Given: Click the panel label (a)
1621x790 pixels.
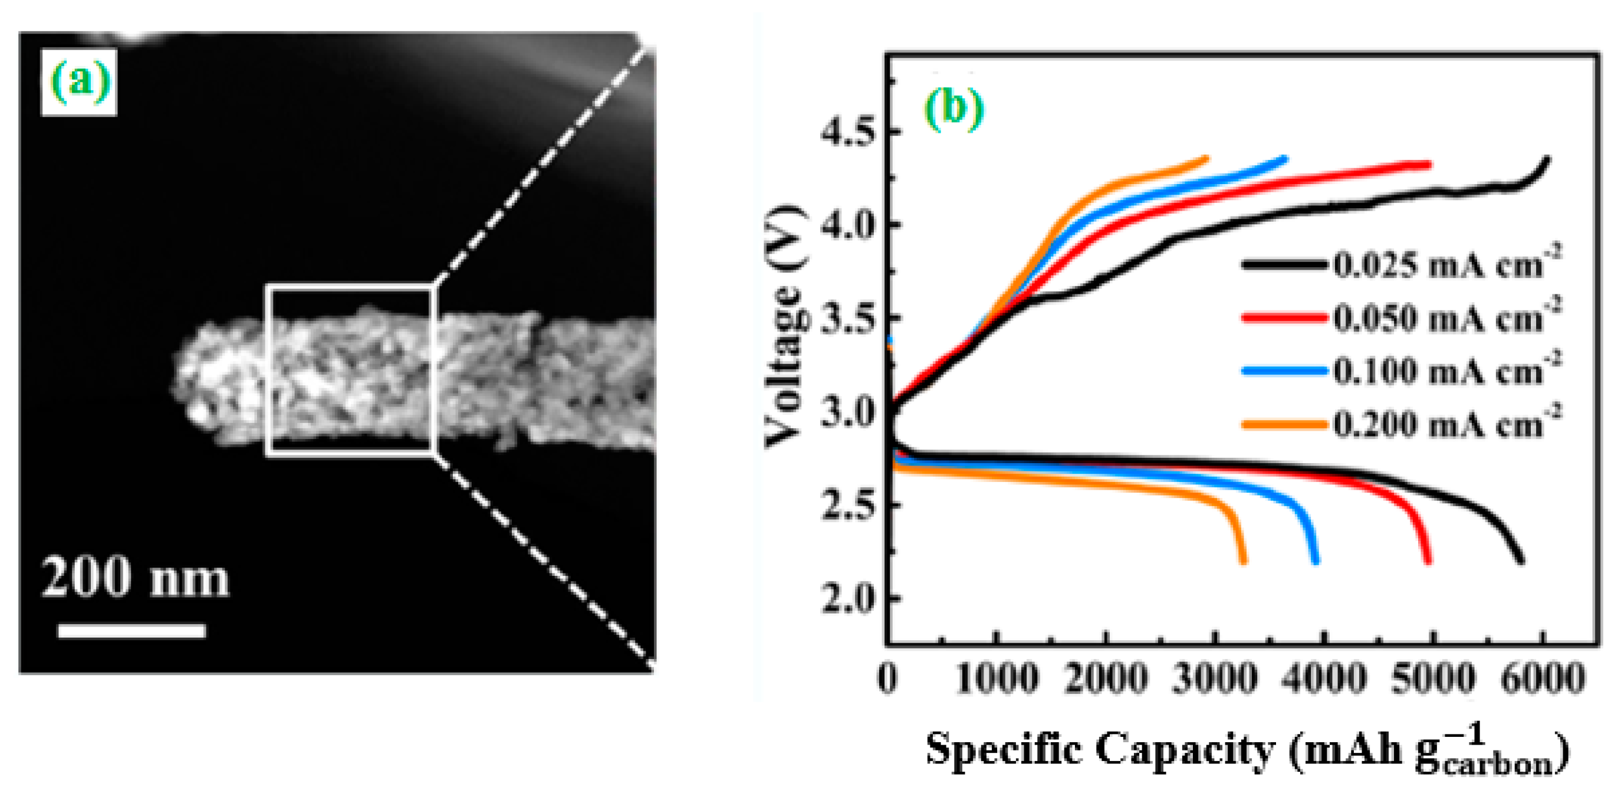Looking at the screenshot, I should point(79,83).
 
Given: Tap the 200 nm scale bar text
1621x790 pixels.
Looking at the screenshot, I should point(134,578).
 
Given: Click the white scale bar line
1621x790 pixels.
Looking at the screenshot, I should point(131,631).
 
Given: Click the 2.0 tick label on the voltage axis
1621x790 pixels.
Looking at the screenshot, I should point(847,599).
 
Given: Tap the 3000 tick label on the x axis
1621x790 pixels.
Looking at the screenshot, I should point(1215,680).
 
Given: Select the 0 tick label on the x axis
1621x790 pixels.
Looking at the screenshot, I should point(888,680).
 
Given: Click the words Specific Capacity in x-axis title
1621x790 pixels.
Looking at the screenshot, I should point(1098,750).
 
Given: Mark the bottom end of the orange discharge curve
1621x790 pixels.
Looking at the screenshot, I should point(1243,561).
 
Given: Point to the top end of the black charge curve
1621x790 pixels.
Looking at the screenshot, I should point(1547,159).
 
